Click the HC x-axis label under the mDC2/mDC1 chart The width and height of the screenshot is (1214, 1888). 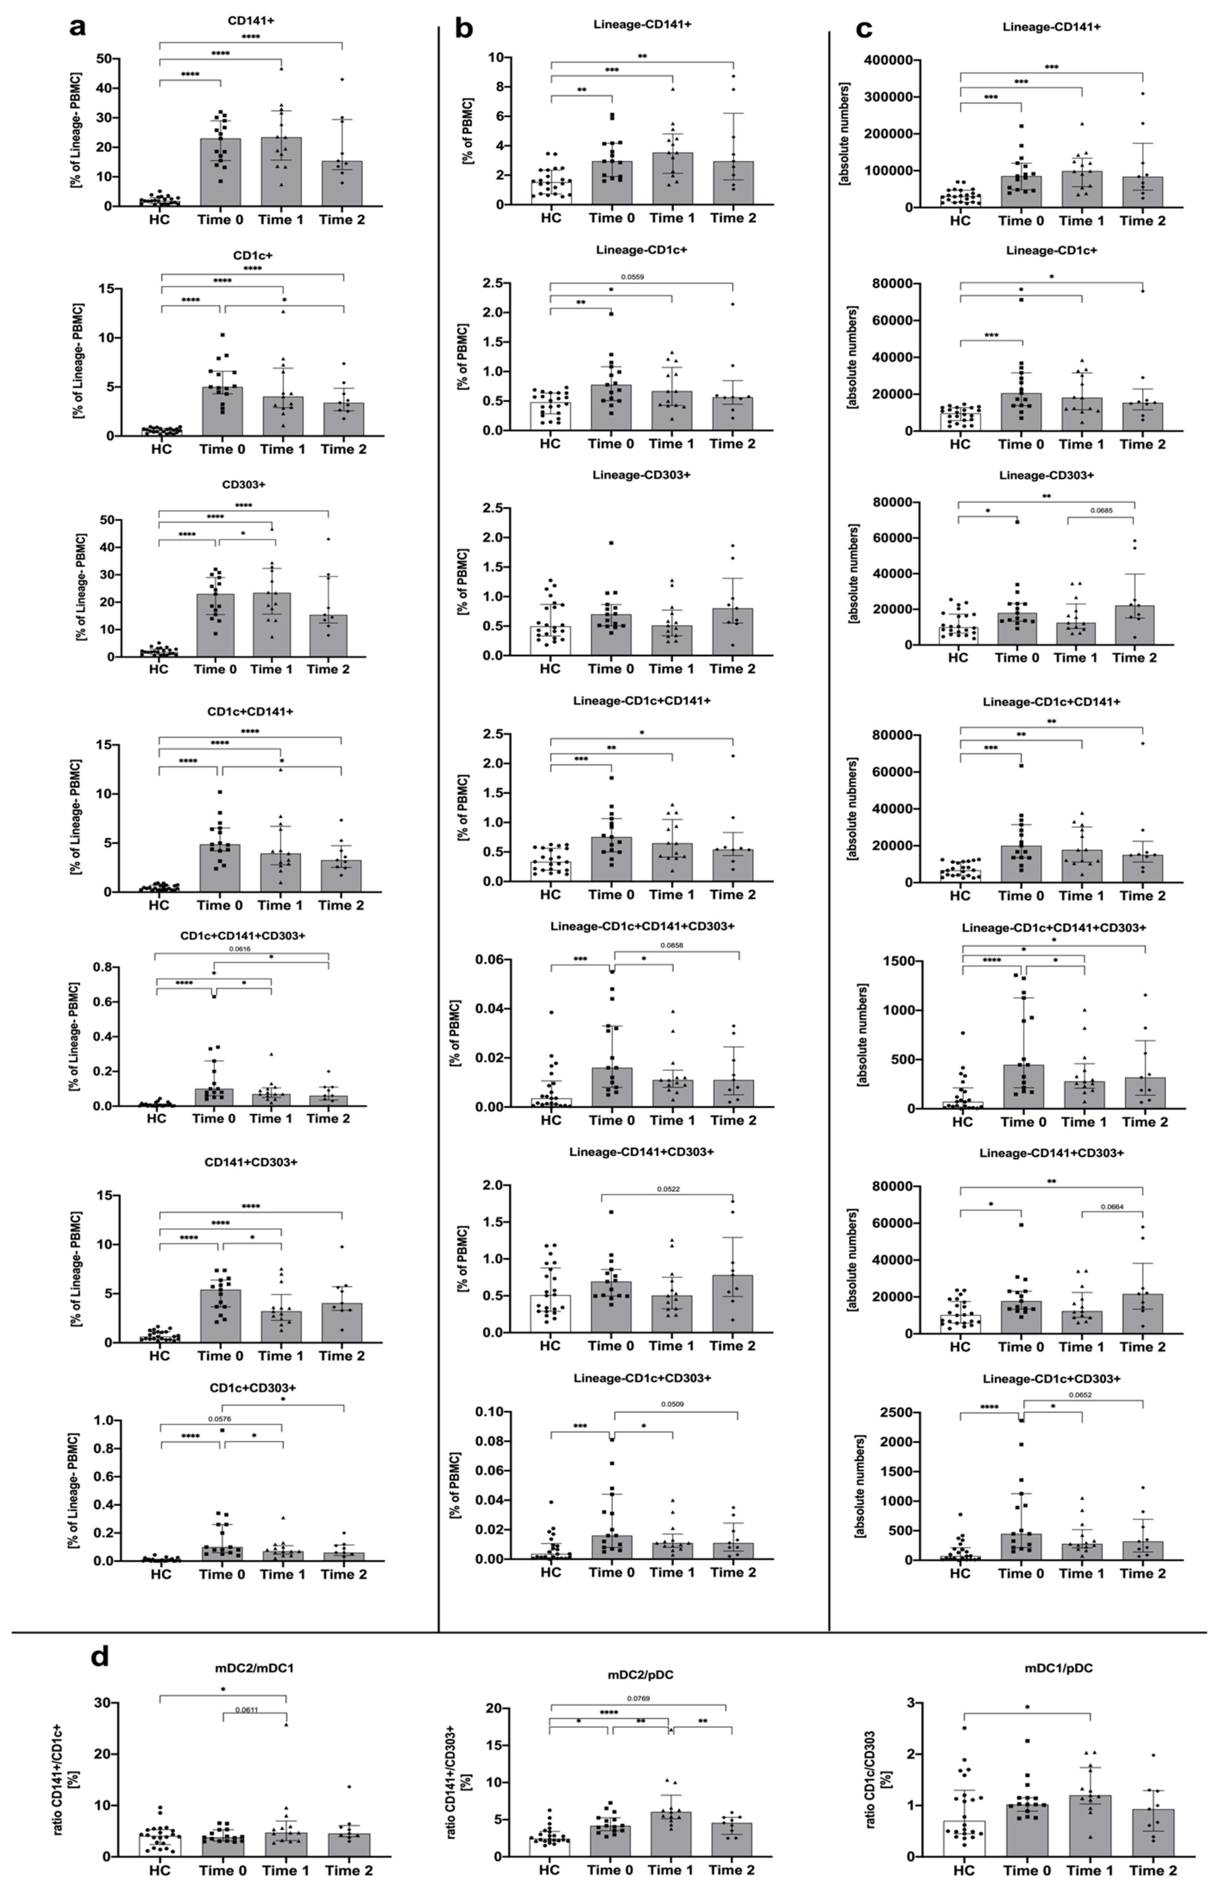160,1870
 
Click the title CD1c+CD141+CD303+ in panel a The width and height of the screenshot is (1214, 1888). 243,936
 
